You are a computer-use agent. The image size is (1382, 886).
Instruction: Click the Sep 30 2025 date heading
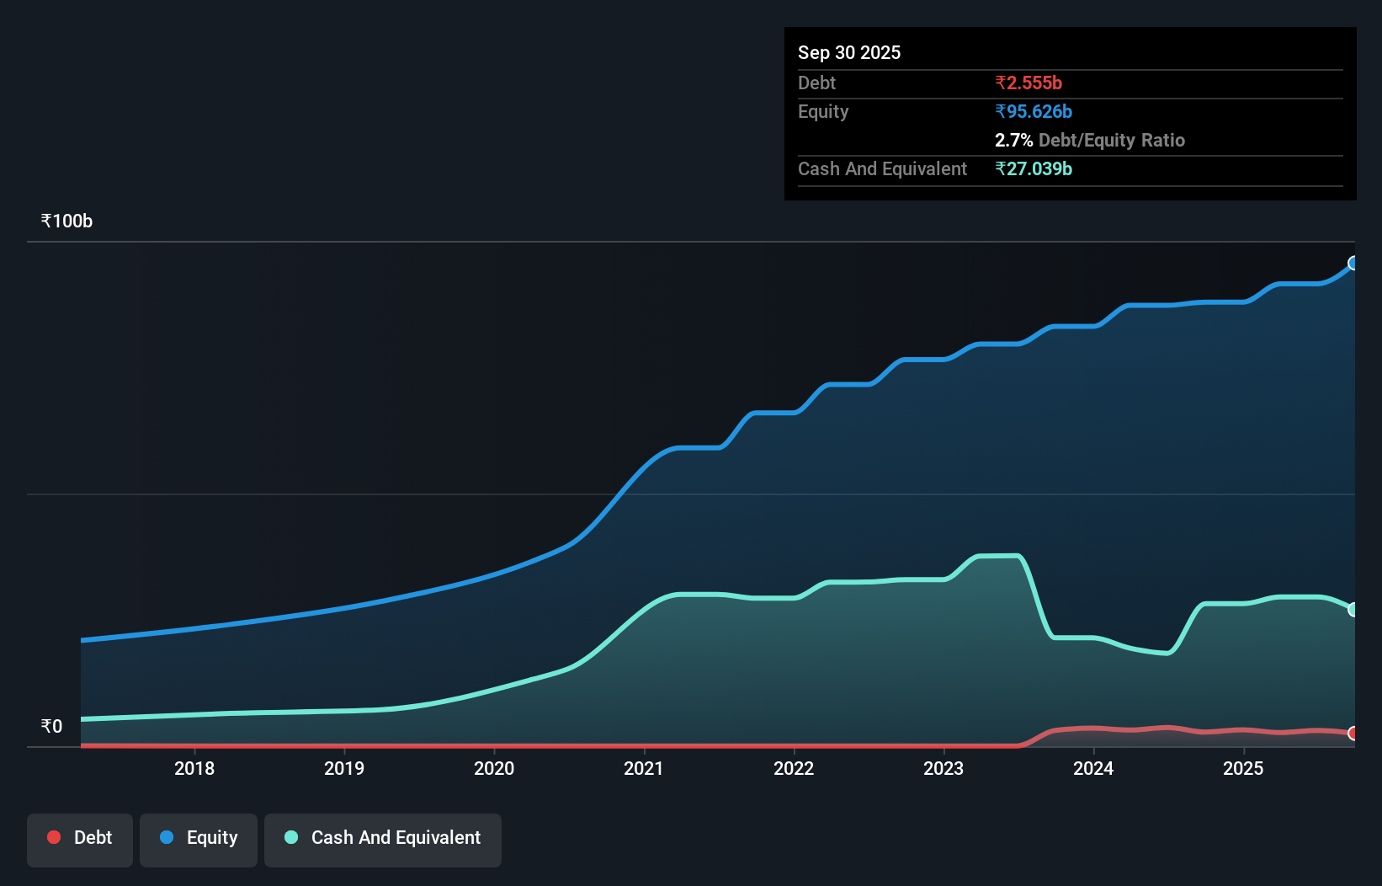[x=848, y=52]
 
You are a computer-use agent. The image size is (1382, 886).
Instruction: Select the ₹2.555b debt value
[x=1028, y=83]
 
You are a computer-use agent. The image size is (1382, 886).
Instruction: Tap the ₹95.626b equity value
[x=1033, y=111]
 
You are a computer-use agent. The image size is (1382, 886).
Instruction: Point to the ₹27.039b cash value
[x=1033, y=168]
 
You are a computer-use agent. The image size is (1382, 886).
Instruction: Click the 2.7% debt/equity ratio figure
[x=1013, y=140]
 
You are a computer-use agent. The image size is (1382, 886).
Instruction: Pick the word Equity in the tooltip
[x=822, y=111]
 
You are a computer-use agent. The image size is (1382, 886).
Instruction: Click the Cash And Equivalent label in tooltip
[x=882, y=168]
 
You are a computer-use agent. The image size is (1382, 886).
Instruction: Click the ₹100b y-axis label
[x=66, y=221]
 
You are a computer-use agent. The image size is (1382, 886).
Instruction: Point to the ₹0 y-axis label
[x=51, y=726]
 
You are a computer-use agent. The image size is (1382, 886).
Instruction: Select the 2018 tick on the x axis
[x=194, y=768]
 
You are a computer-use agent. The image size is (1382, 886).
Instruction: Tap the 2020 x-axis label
[x=494, y=768]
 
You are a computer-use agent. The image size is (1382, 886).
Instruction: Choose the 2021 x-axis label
[x=644, y=768]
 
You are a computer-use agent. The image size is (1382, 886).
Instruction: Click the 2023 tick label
[x=943, y=768]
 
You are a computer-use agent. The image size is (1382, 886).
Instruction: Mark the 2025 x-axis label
[x=1243, y=768]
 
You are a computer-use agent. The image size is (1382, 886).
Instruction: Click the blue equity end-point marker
[x=1353, y=264]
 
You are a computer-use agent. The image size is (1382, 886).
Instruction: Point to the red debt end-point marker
[x=1353, y=734]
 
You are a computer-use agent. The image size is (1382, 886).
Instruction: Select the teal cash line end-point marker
[x=1353, y=610]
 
